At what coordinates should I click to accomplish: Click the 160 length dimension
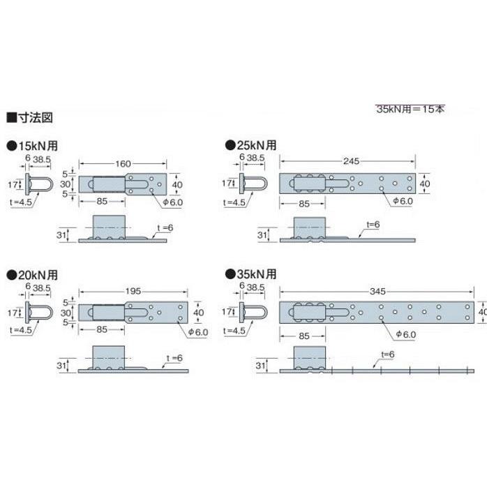(x=123, y=164)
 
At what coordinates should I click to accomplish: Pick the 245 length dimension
(x=351, y=161)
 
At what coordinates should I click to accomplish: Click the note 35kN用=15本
(x=410, y=109)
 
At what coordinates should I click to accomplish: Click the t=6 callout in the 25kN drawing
(x=373, y=225)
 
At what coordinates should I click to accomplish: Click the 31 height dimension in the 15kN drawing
(x=60, y=234)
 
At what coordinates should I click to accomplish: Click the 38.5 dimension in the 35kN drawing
(x=255, y=287)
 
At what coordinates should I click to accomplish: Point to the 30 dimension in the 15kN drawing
(x=63, y=184)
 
